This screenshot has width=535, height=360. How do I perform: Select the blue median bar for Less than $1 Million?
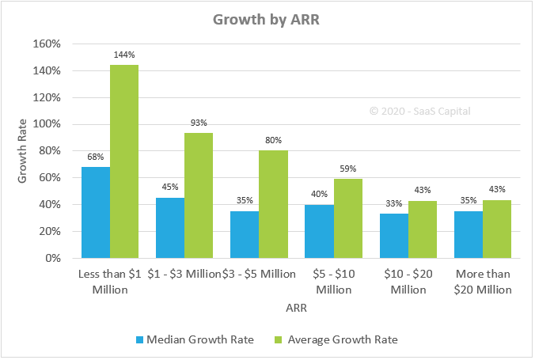96,212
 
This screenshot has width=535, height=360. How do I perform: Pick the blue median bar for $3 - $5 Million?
245,234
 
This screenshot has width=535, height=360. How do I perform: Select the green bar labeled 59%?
348,218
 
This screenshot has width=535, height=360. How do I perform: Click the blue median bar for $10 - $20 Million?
394,236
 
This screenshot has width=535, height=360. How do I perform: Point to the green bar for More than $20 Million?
497,229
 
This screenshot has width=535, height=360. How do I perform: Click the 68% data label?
95,157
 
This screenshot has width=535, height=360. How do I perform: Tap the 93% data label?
199,123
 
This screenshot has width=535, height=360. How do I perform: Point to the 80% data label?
274,140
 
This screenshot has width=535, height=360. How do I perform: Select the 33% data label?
393,203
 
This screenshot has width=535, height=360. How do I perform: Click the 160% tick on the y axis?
46,44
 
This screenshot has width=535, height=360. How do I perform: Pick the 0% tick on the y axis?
52,258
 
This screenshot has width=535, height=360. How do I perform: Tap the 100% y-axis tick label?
46,124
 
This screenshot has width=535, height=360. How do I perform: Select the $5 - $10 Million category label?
334,282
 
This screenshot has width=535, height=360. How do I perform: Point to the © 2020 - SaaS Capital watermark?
419,111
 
